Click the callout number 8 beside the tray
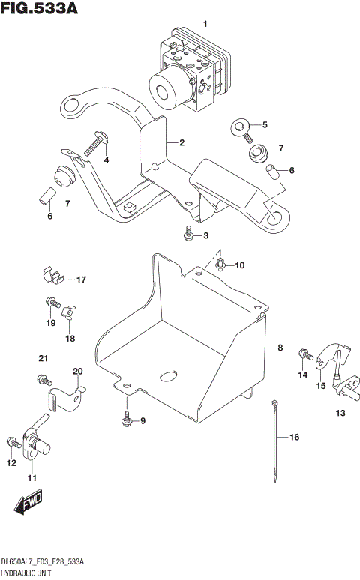point(279,348)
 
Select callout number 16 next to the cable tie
point(294,437)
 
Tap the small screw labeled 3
point(187,236)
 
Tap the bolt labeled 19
point(50,303)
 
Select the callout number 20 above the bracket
point(77,371)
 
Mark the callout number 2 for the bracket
point(181,142)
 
